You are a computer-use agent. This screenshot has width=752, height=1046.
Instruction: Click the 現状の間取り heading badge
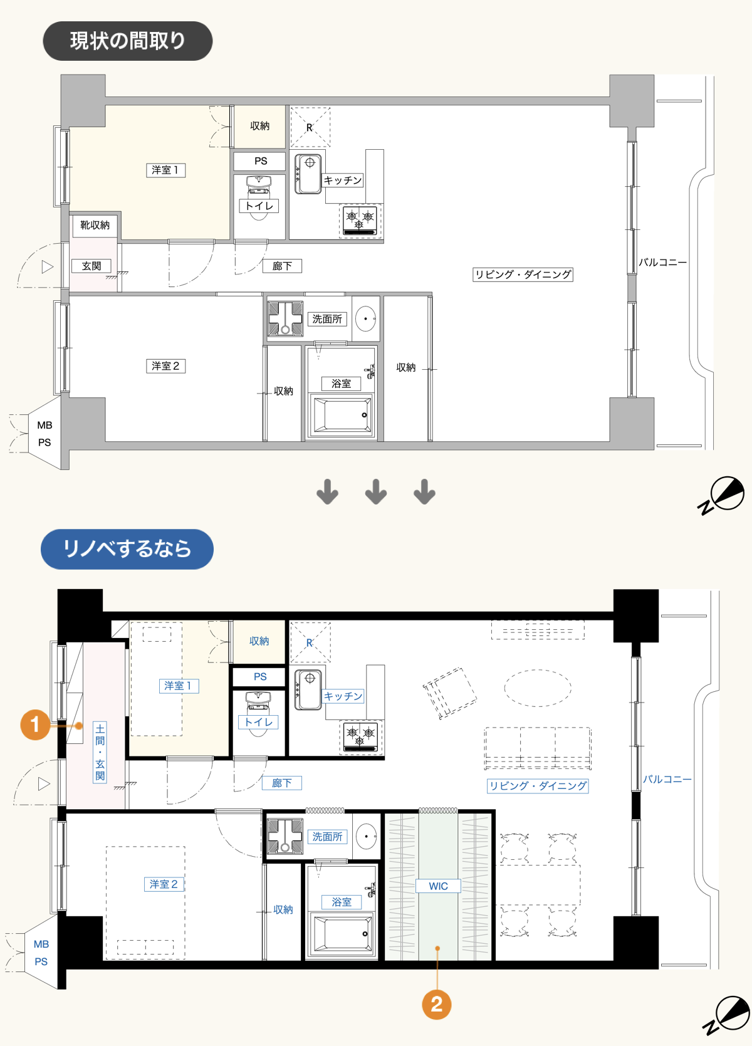pos(127,41)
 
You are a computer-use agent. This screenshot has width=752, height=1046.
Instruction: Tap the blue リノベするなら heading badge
pos(127,548)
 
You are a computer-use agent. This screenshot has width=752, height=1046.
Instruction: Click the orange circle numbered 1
pos(35,724)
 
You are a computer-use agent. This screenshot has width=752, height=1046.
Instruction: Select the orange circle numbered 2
pos(436,1005)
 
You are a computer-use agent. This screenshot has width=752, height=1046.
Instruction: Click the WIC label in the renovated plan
pos(438,886)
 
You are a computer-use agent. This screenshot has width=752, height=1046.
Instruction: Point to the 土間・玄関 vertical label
pos(100,752)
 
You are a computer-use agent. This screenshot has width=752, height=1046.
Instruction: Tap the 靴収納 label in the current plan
pos(95,225)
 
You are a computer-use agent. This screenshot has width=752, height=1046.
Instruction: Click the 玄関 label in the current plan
pos(91,266)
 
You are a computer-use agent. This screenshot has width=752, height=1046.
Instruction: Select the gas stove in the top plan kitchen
pos(360,221)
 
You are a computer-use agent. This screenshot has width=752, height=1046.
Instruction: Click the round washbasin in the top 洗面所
pos(365,318)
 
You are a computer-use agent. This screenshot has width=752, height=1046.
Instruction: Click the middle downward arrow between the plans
pos(376,492)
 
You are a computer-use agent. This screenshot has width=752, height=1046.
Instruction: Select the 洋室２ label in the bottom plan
pos(164,884)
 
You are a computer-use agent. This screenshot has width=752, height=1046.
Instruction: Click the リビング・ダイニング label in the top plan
pos(523,275)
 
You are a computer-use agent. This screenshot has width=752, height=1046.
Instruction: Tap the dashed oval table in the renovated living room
pos(538,688)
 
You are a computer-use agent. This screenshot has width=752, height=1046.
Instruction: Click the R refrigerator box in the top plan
pos(310,127)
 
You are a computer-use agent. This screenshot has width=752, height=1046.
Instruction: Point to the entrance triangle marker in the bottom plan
pos(44,783)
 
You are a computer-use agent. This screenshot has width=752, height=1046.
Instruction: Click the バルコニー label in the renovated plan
pos(667,779)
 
